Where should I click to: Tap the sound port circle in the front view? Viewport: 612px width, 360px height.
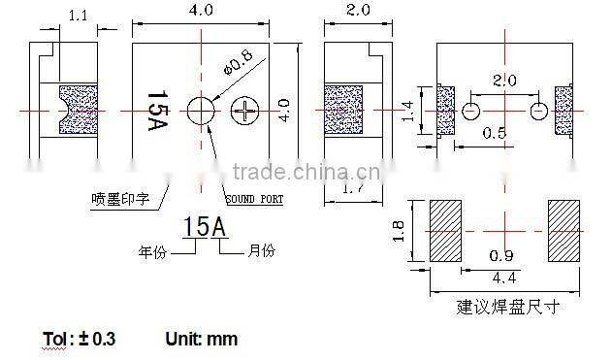202,111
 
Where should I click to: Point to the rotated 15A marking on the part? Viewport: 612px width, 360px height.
154,112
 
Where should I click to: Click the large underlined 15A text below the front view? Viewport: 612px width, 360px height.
205,227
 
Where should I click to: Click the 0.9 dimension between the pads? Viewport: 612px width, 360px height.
501,255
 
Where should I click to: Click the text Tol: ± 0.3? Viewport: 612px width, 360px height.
80,339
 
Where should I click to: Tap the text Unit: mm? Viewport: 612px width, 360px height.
201,339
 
